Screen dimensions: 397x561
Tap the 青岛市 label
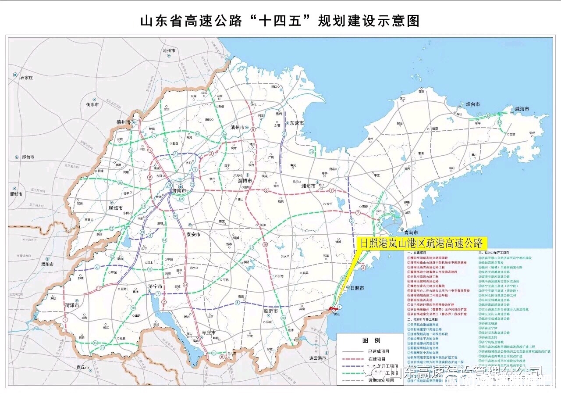click(x=411, y=232)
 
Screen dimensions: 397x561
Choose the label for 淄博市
click(x=245, y=181)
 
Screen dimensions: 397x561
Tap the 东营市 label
click(x=297, y=123)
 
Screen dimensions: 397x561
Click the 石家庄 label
click(x=26, y=78)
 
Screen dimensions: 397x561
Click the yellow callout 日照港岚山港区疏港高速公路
click(x=421, y=243)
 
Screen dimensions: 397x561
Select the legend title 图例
click(x=371, y=340)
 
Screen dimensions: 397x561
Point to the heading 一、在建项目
click(x=418, y=254)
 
